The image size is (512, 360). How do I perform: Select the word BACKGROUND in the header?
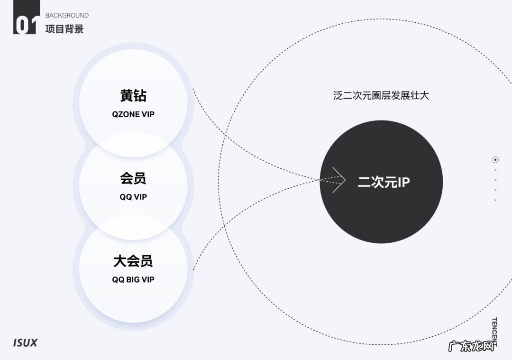[x=67, y=15]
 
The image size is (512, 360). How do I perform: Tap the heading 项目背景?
[x=64, y=28]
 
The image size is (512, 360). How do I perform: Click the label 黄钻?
[x=133, y=96]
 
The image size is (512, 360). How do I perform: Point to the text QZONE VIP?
[x=133, y=114]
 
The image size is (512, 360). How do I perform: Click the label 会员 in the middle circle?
[x=133, y=178]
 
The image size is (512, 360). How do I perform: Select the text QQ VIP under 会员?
[x=133, y=197]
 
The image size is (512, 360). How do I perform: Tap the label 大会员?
[x=133, y=261]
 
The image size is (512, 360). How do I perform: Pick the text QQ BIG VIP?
[x=133, y=280]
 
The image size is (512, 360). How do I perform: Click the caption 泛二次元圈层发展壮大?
[x=381, y=95]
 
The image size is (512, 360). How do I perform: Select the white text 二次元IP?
[x=384, y=182]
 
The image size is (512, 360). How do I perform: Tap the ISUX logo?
[x=25, y=342]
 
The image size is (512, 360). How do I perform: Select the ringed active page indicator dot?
[x=495, y=160]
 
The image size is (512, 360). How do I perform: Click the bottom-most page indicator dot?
[x=495, y=200]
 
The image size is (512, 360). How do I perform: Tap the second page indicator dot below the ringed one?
[x=495, y=180]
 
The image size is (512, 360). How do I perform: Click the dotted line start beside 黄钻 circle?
[x=193, y=89]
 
